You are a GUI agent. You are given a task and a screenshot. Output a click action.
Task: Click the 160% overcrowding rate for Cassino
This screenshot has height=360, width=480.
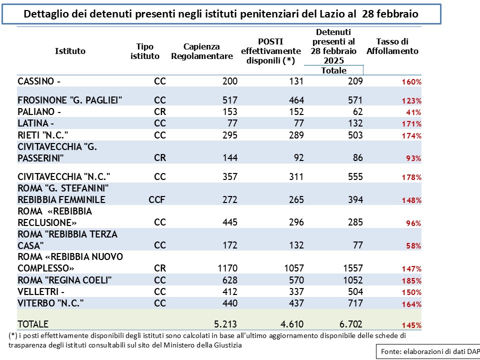(411, 81)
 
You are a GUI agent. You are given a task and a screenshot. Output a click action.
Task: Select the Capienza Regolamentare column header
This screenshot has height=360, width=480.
(201, 51)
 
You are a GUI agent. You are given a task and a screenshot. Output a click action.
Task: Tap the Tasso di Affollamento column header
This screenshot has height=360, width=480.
(392, 46)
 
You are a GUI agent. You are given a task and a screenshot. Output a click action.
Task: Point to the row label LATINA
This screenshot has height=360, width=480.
(36, 123)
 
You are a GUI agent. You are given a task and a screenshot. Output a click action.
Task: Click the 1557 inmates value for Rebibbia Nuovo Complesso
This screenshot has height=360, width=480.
(352, 268)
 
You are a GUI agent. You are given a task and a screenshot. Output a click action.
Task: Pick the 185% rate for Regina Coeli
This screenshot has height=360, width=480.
(411, 280)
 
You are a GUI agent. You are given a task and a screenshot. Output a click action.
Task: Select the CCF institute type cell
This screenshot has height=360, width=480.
(156, 199)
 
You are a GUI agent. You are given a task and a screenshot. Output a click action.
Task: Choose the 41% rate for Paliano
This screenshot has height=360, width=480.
(413, 112)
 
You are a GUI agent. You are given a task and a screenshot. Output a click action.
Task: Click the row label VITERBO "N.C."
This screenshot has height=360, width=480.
(50, 303)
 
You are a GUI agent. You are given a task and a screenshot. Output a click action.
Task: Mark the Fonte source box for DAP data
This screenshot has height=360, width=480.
(428, 351)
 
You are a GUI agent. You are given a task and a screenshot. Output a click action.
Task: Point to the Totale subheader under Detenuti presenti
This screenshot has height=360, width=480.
(333, 70)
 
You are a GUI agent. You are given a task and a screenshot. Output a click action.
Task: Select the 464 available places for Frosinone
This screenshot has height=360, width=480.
(296, 100)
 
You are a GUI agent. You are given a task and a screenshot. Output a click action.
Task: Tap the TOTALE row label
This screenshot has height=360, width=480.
(33, 324)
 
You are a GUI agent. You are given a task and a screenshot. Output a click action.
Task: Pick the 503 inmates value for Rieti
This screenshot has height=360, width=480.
(355, 135)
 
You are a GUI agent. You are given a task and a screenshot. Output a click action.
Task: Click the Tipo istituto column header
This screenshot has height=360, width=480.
(145, 51)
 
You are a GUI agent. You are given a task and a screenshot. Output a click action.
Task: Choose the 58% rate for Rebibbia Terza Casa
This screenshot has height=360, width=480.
(413, 246)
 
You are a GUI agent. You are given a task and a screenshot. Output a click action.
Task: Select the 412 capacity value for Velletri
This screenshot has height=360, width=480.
(229, 291)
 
